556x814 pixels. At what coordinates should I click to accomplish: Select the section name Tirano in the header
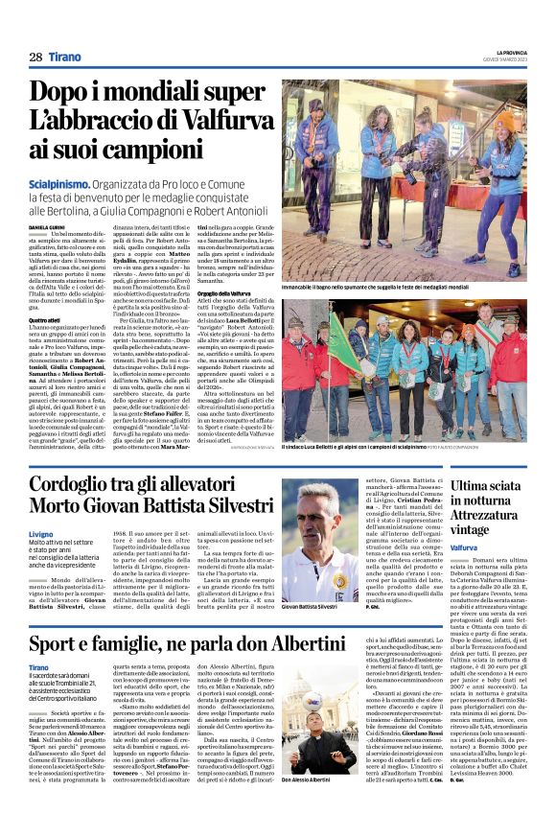coord(65,58)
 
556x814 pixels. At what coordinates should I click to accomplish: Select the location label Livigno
coord(41,532)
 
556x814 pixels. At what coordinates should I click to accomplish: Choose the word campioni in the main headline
coord(134,150)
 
